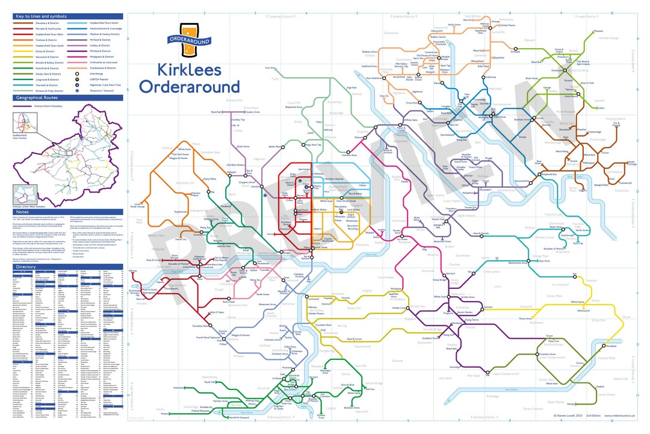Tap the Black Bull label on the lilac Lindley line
[217, 112]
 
